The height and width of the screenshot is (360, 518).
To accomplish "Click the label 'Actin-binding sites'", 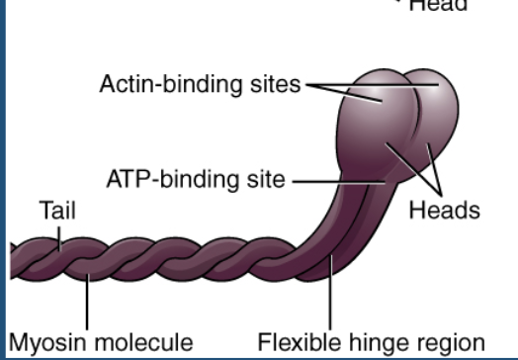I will pos(200,84).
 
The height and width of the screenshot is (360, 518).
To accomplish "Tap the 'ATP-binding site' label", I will pos(195,180).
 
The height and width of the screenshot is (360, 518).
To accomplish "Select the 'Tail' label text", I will pos(57,210).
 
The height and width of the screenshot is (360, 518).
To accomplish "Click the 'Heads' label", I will pos(445,210).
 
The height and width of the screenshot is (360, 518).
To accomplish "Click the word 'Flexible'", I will pos(295,342).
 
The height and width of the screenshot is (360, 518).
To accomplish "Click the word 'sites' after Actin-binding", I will pos(278,84).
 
